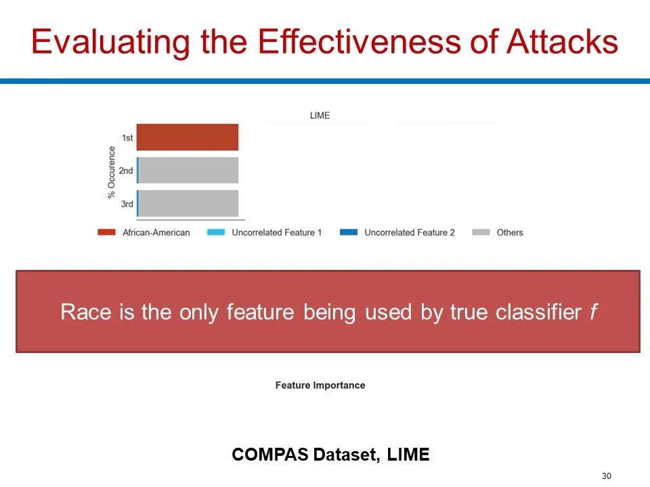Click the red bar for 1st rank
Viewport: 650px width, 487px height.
188,137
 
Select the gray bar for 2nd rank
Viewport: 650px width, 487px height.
188,170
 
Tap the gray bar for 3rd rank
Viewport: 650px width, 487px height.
188,204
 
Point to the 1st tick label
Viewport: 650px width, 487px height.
127,137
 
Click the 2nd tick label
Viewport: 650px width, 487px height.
126,170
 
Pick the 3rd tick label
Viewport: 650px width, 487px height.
127,204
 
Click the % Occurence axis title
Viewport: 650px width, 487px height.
111,172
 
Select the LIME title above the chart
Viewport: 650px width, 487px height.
320,116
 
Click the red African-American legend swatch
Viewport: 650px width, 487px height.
106,232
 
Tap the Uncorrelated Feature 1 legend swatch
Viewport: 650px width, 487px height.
216,232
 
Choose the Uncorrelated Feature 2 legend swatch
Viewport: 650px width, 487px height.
349,232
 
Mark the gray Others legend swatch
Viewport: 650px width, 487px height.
481,232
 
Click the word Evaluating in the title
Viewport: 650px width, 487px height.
110,43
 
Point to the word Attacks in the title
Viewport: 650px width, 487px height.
562,41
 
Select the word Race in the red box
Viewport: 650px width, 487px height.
86,312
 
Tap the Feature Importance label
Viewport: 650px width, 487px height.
320,386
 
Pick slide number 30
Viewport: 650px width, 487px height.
607,476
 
